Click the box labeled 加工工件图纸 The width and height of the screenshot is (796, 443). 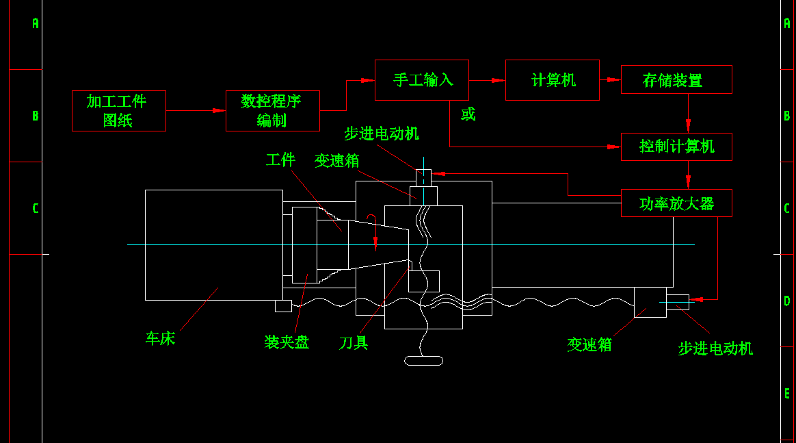tap(118, 110)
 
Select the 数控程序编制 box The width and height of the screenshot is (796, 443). tap(272, 110)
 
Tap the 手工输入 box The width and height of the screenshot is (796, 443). tap(422, 80)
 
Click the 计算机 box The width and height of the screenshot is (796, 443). tap(552, 80)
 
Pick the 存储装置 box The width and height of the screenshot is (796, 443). tap(676, 80)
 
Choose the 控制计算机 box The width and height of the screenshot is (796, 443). tap(676, 147)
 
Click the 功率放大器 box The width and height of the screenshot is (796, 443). tap(676, 203)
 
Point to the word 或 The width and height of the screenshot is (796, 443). tap(468, 114)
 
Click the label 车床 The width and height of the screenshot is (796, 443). tap(160, 339)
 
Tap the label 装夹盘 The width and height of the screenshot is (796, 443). tap(287, 342)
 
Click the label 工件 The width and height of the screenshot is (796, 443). tap(280, 160)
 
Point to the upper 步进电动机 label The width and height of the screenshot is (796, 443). tap(382, 134)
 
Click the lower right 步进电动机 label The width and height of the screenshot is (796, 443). tap(715, 349)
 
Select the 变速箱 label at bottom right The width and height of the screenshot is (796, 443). tap(589, 344)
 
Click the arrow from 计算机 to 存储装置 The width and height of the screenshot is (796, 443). tap(610, 80)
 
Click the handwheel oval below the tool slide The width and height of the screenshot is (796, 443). tap(424, 360)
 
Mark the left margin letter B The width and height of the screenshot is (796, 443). tap(36, 116)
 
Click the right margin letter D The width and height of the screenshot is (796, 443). tap(786, 301)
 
